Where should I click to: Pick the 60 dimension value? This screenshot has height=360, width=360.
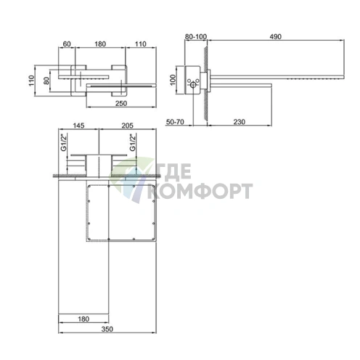pos(67,44)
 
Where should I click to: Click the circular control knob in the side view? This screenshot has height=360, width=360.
pos(195,88)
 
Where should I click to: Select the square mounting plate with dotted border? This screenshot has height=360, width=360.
pos(121,213)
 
